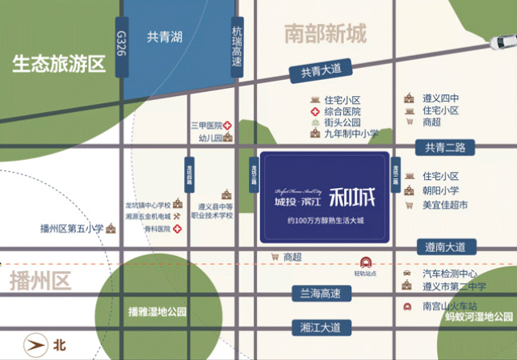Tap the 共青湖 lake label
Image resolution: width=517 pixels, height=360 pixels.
pos(165,37)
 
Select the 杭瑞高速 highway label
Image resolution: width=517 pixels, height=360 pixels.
pos(237,47)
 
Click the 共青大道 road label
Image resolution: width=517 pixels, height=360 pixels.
pos(321,71)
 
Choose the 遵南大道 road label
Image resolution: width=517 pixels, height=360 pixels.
pos(447,247)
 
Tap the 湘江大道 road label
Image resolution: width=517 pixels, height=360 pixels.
pos(320,326)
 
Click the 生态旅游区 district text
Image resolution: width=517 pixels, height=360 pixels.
pos(59,65)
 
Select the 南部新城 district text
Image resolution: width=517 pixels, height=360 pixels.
pos(325,34)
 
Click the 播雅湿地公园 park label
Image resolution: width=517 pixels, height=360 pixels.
pos(157,311)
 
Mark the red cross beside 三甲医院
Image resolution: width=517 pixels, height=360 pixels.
pos(227,126)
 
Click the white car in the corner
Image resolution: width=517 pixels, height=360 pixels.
pos(504,40)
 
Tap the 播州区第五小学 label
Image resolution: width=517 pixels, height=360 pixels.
pos(73,228)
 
